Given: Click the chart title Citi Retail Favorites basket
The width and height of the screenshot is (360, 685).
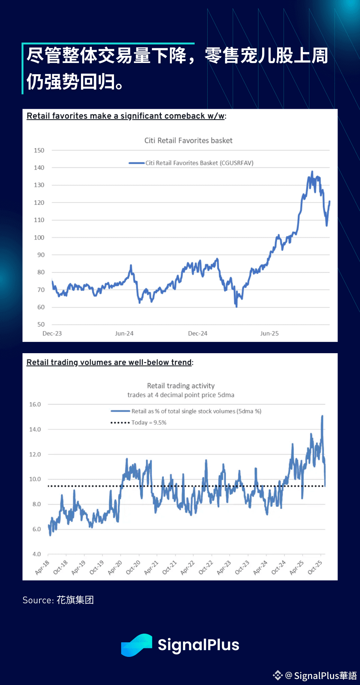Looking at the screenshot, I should (x=188, y=141).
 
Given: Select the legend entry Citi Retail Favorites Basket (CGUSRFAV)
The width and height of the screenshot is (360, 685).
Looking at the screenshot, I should (x=199, y=163).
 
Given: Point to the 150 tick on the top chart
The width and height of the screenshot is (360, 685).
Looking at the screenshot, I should (x=39, y=150).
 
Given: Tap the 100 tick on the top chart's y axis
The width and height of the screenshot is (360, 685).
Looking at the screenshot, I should (x=39, y=237).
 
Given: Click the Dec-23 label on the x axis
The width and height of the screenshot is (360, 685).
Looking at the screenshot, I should (x=52, y=333).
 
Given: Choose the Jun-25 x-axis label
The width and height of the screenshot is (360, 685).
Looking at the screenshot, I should (x=269, y=333).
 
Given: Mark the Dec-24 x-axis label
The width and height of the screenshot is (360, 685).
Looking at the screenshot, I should (x=198, y=333).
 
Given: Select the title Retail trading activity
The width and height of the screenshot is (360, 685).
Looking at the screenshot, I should (x=181, y=386).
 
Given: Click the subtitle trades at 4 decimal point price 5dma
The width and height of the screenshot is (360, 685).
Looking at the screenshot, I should (x=181, y=395).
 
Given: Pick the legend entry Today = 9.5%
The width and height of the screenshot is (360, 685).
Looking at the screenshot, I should (x=148, y=423).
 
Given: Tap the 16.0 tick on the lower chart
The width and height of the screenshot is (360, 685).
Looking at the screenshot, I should (x=35, y=404).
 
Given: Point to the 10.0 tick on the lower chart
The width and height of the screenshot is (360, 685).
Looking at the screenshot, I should (x=35, y=479).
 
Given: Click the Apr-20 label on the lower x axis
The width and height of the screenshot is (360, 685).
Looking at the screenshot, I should (x=115, y=567).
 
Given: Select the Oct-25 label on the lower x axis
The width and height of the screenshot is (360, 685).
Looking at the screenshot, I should (x=315, y=567).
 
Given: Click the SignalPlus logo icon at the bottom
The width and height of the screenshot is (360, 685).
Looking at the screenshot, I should (x=136, y=645).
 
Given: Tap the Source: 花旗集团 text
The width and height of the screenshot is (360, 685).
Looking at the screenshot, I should (x=58, y=600).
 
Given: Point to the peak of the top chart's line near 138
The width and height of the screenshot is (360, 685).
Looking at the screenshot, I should (x=312, y=172).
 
